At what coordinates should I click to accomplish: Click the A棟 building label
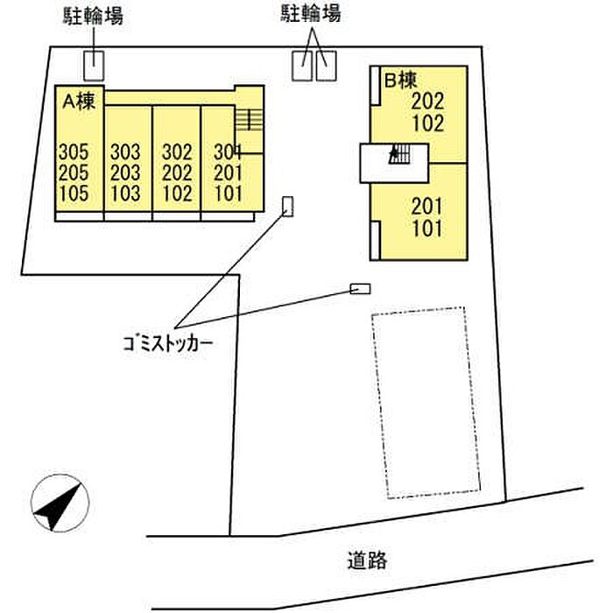(78, 100)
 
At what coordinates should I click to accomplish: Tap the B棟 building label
(399, 81)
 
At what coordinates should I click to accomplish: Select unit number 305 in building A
(74, 151)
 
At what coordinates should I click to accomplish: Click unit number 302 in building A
(178, 151)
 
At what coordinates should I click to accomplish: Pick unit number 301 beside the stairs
(227, 151)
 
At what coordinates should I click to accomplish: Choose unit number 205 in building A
(74, 173)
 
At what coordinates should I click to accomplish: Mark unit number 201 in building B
(427, 208)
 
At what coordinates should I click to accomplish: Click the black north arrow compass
(59, 505)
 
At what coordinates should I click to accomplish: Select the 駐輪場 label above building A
(93, 15)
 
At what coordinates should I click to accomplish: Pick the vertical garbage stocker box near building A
(288, 207)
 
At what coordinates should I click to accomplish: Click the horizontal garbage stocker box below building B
(360, 289)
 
